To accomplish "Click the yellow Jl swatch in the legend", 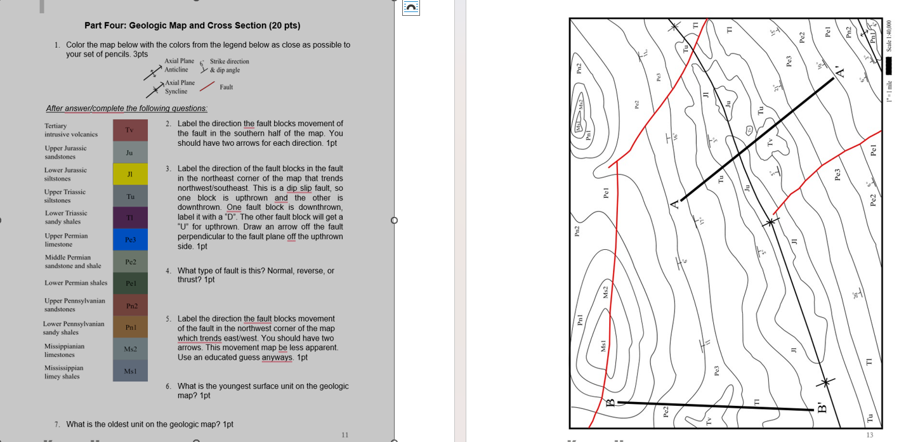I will [x=129, y=174].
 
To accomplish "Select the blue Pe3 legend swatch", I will [x=129, y=240].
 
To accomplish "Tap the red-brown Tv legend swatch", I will [x=129, y=130].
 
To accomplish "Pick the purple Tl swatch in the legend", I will [x=129, y=218].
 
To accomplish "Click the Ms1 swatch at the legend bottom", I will [x=129, y=371].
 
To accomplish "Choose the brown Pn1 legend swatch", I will [x=129, y=327].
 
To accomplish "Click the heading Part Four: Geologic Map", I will [x=192, y=25].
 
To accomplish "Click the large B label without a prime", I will [x=610, y=403].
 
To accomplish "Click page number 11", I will [x=345, y=435].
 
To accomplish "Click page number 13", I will [x=869, y=435].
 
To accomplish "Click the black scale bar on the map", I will [x=889, y=66].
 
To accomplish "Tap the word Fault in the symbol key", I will [x=226, y=87].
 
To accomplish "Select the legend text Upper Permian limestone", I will [x=66, y=240].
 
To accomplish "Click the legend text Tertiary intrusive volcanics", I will [x=70, y=130].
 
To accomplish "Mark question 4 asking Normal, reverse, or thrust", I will [x=256, y=275].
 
